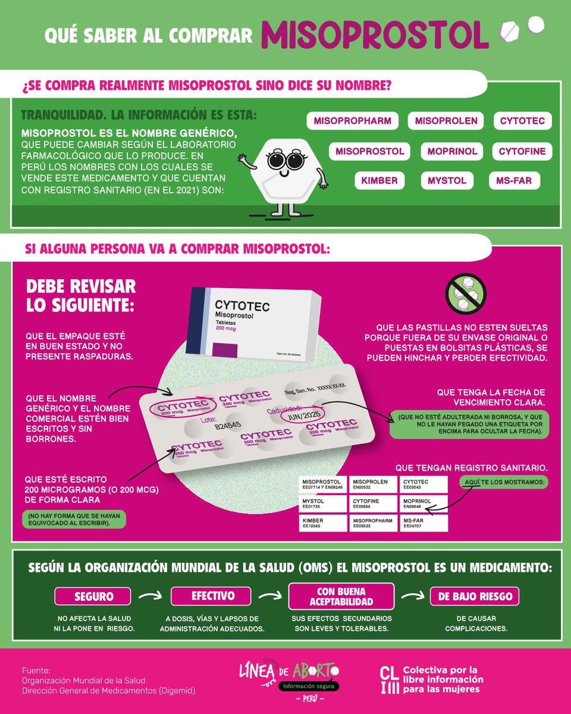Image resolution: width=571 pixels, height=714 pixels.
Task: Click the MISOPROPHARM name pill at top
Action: [x=352, y=121]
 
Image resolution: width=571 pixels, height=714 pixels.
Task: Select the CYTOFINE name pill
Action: [x=522, y=151]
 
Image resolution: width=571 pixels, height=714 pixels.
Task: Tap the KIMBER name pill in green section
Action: [x=379, y=180]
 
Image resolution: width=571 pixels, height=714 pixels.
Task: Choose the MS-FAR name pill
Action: [x=514, y=180]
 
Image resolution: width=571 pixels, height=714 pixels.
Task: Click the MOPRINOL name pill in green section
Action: [x=452, y=151]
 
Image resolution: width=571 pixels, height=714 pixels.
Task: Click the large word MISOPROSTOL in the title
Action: [x=375, y=36]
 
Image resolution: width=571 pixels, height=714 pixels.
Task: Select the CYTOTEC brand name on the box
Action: [x=243, y=306]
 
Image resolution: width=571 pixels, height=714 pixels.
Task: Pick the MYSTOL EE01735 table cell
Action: [x=324, y=505]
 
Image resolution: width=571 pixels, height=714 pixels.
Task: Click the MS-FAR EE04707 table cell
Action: [x=423, y=523]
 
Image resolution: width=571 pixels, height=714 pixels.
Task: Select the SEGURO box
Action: [x=93, y=596]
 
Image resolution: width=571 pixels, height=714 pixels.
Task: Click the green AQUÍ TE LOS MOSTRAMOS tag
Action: [x=504, y=481]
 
